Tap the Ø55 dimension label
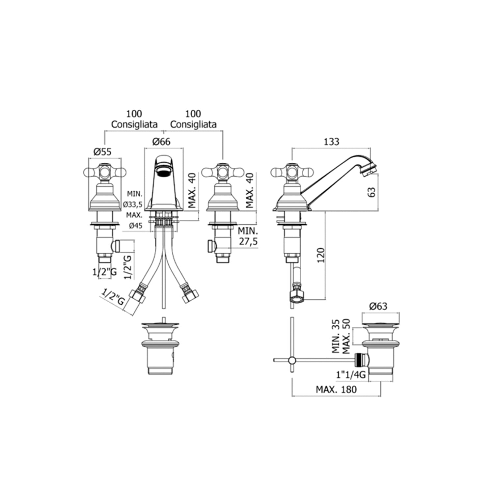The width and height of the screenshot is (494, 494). [x=103, y=151]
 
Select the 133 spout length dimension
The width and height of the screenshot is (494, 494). [x=331, y=141]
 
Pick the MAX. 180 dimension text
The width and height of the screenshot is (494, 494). [x=336, y=389]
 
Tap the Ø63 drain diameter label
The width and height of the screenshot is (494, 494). [x=378, y=306]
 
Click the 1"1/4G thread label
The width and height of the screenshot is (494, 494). [x=351, y=374]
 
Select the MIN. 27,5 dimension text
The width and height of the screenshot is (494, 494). [x=248, y=235]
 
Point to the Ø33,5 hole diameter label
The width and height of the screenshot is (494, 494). [x=133, y=205]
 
